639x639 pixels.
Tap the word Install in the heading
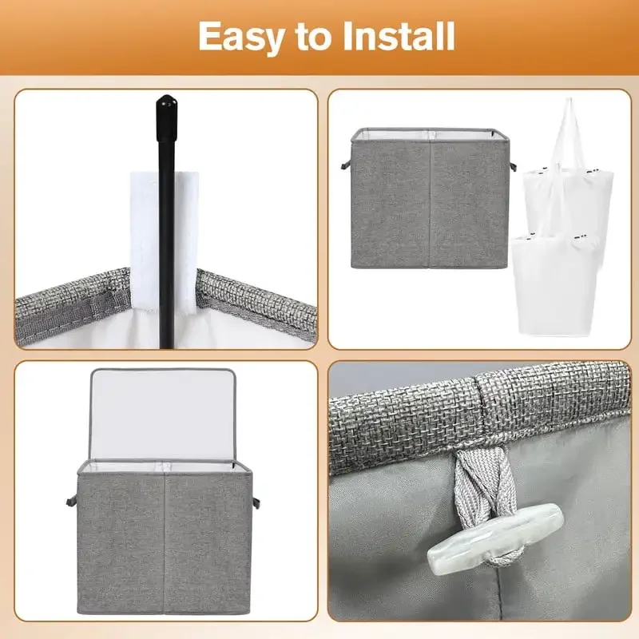[x=399, y=36]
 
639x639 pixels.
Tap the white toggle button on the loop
[x=495, y=538]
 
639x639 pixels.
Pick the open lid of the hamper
[x=163, y=415]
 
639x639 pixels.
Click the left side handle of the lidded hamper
[x=71, y=501]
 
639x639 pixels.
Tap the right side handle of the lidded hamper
[x=256, y=502]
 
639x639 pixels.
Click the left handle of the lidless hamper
[x=346, y=165]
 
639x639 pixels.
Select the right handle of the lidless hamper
[x=513, y=166]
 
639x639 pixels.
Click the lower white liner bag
[x=554, y=285]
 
